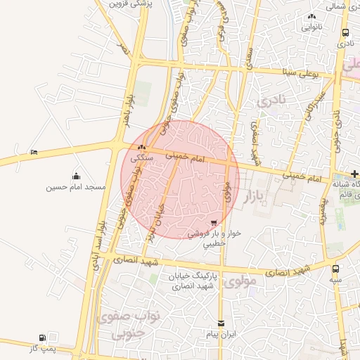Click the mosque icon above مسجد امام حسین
pyautogui.click(x=76, y=176)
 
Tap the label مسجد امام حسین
pyautogui.click(x=76, y=187)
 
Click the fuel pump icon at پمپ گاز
pyautogui.click(x=44, y=338)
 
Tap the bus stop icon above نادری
pyautogui.click(x=345, y=33)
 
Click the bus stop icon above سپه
pyautogui.click(x=335, y=269)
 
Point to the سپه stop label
pyautogui.click(x=335, y=280)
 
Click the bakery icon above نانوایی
pyautogui.click(x=312, y=16)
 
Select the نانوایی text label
pyautogui.click(x=312, y=27)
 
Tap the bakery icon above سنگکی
pyautogui.click(x=143, y=148)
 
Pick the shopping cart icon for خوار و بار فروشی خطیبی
pyautogui.click(x=214, y=222)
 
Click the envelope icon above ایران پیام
pyautogui.click(x=222, y=323)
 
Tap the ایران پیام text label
pyautogui.click(x=222, y=335)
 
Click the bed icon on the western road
pyautogui.click(x=34, y=152)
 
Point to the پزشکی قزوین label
pyautogui.click(x=131, y=4)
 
